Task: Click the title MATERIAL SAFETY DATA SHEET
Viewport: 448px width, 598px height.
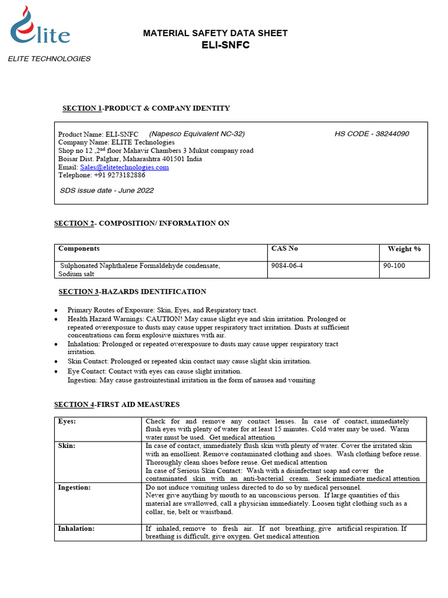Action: pos(215,33)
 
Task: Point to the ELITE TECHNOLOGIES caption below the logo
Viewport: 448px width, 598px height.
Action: pos(49,59)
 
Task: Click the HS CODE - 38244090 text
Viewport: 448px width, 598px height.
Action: pos(372,134)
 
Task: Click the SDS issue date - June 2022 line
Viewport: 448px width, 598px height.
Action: pos(107,190)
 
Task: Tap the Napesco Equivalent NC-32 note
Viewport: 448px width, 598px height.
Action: pos(197,134)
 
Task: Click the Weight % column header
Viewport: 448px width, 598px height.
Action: pos(404,249)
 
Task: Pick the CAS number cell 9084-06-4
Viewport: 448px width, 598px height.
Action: pos(287,266)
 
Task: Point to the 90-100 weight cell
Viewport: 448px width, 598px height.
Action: pos(394,266)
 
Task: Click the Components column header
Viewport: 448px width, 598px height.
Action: pos(79,249)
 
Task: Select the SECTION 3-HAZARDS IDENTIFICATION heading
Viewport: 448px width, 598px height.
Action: pos(132,291)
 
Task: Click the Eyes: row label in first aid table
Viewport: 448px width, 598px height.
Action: pos(68,421)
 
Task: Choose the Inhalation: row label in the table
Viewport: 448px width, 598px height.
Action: pos(76,529)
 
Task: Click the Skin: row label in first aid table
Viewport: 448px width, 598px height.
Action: pos(67,446)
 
